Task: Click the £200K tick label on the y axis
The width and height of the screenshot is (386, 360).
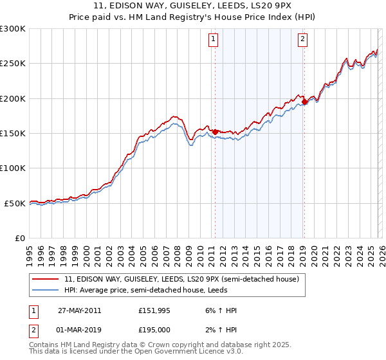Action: click(13, 98)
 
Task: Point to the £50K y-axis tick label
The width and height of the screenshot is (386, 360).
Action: click(15, 203)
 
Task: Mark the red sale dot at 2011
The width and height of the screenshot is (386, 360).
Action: click(215, 132)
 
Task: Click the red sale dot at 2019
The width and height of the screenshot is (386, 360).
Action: click(304, 102)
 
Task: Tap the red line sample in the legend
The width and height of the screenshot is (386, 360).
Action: click(46, 280)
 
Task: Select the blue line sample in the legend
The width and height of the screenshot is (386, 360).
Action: click(46, 290)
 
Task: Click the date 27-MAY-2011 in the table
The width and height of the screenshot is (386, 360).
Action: click(79, 310)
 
